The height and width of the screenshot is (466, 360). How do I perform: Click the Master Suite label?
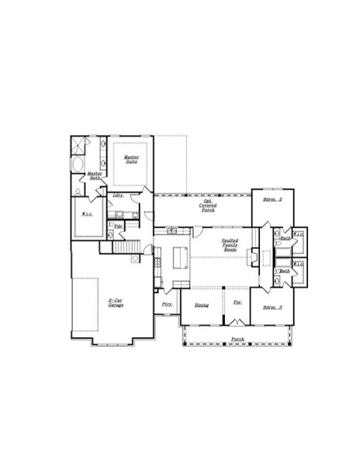click(x=130, y=158)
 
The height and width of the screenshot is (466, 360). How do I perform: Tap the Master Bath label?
click(x=95, y=176)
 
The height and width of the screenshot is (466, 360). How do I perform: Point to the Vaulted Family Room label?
click(x=230, y=245)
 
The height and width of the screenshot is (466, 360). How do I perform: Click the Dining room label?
click(x=201, y=305)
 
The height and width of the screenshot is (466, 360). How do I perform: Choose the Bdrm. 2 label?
click(x=272, y=200)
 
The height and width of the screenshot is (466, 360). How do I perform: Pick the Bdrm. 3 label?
click(x=272, y=308)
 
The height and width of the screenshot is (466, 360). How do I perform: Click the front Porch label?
click(x=237, y=339)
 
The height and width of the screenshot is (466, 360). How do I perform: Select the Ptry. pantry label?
click(x=167, y=304)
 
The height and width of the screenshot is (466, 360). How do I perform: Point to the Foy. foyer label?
click(x=237, y=301)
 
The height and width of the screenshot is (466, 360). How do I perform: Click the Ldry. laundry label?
click(x=118, y=195)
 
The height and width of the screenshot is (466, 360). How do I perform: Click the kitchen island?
click(x=180, y=256)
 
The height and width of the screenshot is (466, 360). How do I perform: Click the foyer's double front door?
click(x=237, y=322)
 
